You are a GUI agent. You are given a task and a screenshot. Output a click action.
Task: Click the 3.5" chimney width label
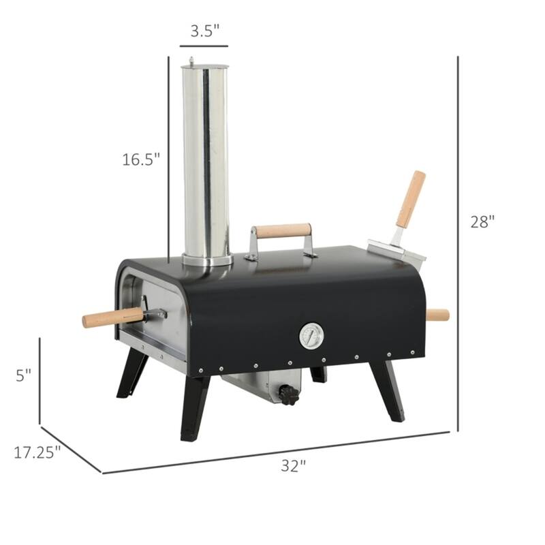pos(204,31)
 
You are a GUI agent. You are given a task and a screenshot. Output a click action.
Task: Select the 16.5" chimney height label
pos(141,159)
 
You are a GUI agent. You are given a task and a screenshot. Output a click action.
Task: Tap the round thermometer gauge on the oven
pos(311,335)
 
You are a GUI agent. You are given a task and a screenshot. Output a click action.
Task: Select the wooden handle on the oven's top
pos(283,231)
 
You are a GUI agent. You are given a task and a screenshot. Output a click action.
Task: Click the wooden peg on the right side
pos(437,315)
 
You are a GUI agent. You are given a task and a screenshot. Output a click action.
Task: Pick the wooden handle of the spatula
pos(411,199)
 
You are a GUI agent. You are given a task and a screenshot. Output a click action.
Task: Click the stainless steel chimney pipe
pos(205,163)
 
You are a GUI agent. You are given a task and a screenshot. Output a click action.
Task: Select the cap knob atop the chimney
pos(191,60)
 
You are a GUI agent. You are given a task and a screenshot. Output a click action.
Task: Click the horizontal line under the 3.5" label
pos(204,47)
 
